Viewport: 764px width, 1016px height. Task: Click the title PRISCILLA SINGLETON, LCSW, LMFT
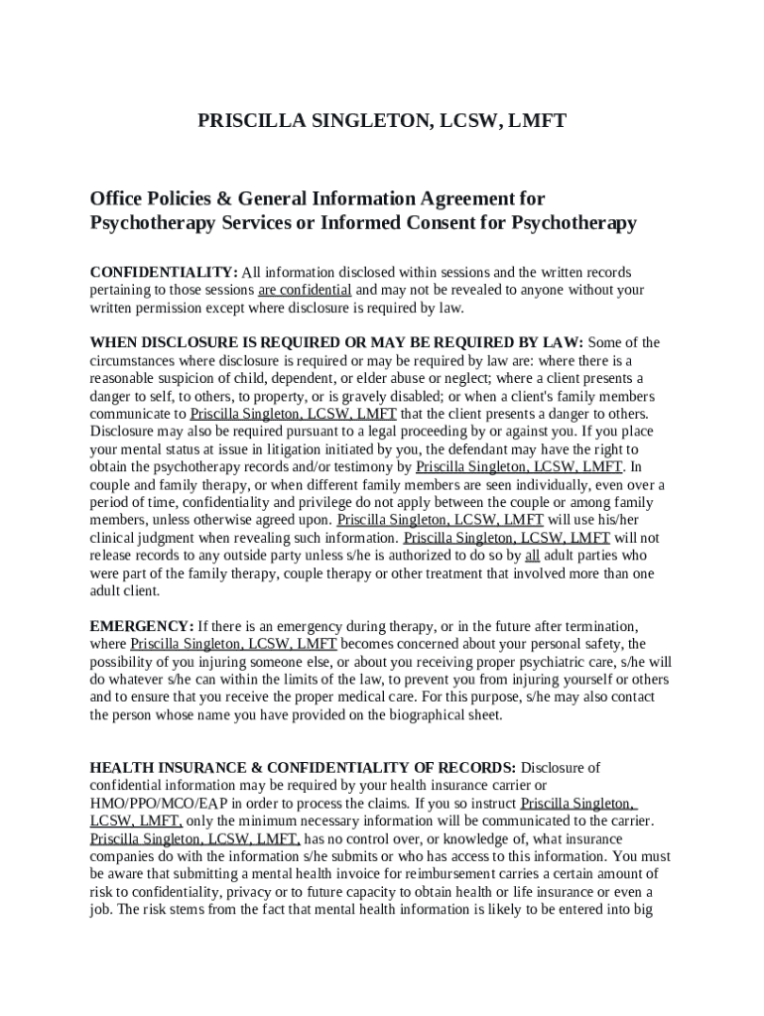pyautogui.click(x=382, y=121)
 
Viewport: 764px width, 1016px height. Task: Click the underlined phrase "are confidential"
pyautogui.click(x=305, y=290)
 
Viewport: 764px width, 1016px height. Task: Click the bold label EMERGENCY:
pyautogui.click(x=142, y=627)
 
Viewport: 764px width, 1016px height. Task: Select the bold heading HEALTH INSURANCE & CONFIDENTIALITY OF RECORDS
pyautogui.click(x=303, y=768)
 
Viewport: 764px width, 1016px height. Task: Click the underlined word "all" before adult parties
pyautogui.click(x=532, y=556)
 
